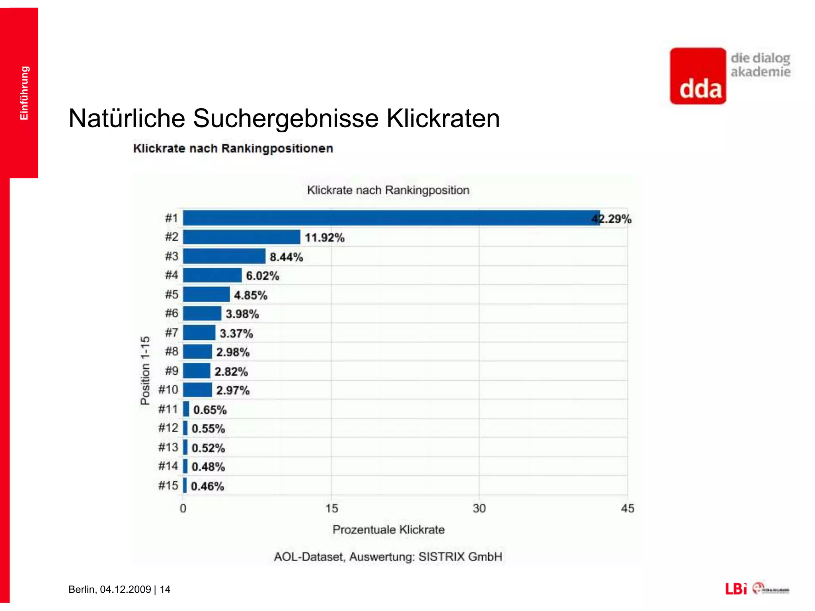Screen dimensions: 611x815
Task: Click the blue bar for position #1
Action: (390, 218)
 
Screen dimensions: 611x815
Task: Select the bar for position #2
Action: (242, 237)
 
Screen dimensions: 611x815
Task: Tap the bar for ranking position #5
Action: (206, 295)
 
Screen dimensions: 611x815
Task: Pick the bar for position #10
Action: (197, 390)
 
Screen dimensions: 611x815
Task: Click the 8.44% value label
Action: (286, 257)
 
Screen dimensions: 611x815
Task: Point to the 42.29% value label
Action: (612, 219)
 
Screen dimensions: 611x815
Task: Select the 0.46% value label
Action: (207, 486)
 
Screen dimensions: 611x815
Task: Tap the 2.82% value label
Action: (231, 372)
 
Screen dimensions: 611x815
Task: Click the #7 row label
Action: (172, 333)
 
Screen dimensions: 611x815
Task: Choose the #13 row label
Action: (168, 447)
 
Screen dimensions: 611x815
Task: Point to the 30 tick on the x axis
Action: (479, 508)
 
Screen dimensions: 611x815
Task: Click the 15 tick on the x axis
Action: (331, 508)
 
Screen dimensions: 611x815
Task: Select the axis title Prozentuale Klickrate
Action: (388, 529)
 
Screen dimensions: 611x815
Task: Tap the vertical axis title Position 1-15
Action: (145, 370)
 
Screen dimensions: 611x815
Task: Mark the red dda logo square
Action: (698, 76)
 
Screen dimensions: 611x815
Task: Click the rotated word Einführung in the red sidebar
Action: (24, 93)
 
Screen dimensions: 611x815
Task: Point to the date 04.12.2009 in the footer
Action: (125, 589)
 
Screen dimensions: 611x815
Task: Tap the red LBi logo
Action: (736, 589)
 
